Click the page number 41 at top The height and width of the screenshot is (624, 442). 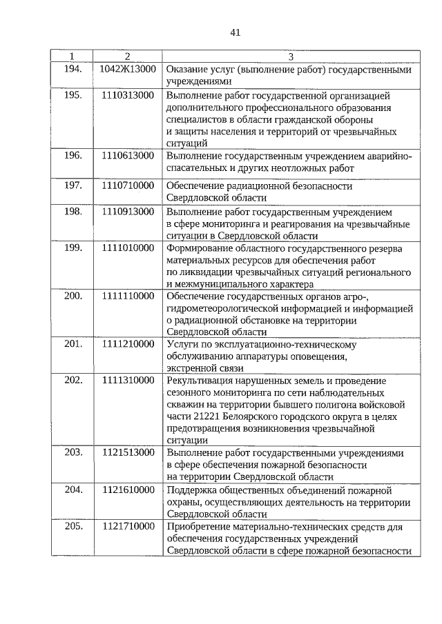click(x=235, y=32)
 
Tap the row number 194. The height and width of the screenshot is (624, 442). click(x=73, y=70)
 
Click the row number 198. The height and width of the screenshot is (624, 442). click(x=73, y=211)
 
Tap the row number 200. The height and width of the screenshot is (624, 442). click(x=73, y=296)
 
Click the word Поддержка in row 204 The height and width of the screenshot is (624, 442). click(x=191, y=490)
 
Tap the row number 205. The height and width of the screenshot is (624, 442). click(x=73, y=527)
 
